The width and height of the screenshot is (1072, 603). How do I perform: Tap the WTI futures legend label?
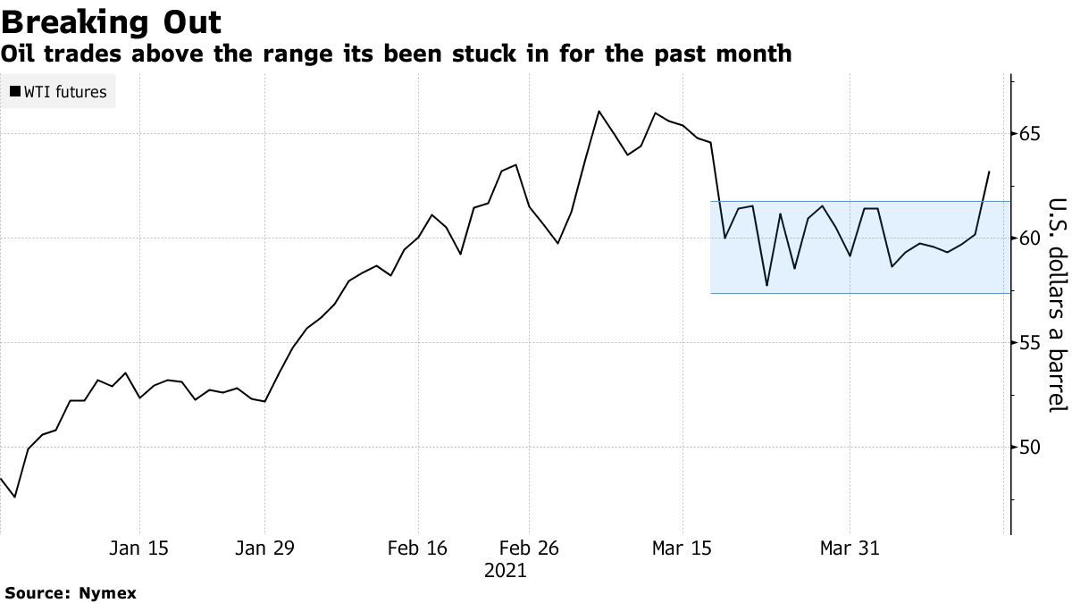tap(65, 92)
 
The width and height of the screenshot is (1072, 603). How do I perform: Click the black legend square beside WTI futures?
tap(15, 92)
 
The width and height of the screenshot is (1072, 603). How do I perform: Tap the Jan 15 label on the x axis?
tap(138, 549)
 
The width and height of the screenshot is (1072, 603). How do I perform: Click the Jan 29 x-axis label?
tap(265, 549)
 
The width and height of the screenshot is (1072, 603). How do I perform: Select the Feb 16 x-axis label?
tap(418, 549)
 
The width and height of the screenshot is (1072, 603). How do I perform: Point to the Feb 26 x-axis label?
tap(529, 549)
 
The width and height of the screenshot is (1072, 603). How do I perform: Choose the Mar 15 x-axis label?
tap(683, 549)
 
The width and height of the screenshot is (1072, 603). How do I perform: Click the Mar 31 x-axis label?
tap(850, 549)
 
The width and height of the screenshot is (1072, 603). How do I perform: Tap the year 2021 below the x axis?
tap(506, 570)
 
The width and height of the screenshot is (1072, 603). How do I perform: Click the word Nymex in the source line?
tap(108, 593)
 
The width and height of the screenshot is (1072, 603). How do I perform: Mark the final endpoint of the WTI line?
tap(989, 172)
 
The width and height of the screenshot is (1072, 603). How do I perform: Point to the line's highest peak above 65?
tap(599, 111)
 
